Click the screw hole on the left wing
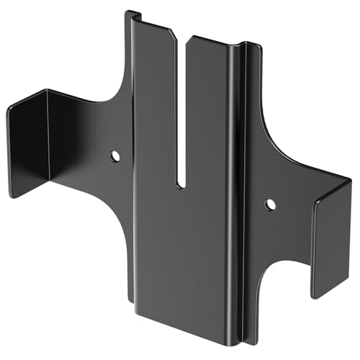114,156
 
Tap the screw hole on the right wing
269,204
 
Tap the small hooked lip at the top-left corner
132,14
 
